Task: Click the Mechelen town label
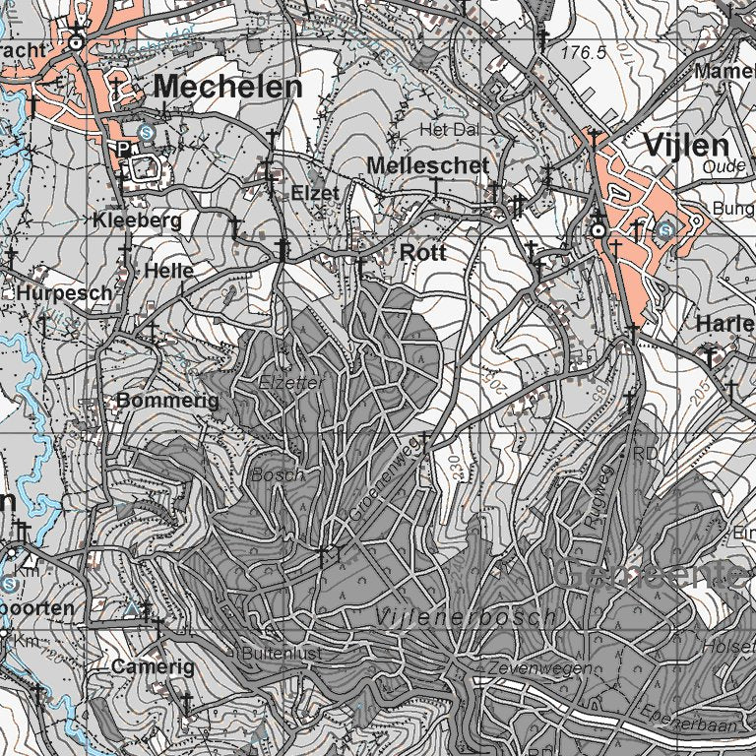pyautogui.click(x=228, y=87)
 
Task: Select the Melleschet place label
pyautogui.click(x=427, y=165)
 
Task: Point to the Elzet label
pyautogui.click(x=315, y=193)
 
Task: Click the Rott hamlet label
pyautogui.click(x=423, y=253)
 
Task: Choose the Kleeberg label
pyautogui.click(x=138, y=221)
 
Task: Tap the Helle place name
pyautogui.click(x=168, y=270)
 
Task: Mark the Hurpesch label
pyautogui.click(x=64, y=293)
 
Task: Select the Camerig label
pyautogui.click(x=146, y=666)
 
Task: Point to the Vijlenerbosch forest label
pyautogui.click(x=466, y=616)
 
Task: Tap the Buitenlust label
pyautogui.click(x=283, y=652)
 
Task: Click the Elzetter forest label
pyautogui.click(x=290, y=382)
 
